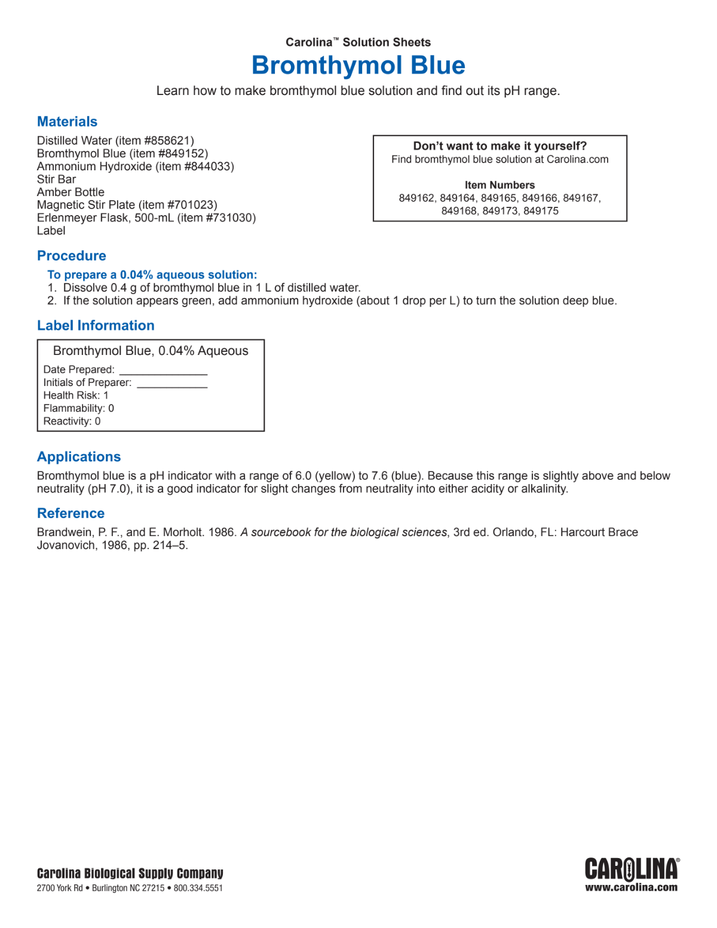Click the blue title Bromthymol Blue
coord(358,65)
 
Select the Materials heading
coord(67,122)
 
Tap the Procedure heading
coord(72,256)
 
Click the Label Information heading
coord(96,326)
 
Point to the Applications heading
coord(79,457)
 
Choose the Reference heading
coord(71,513)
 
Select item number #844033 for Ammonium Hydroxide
coord(209,167)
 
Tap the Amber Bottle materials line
coord(71,192)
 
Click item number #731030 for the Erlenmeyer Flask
coord(230,218)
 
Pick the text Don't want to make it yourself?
coord(500,146)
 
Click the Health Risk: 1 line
coord(76,396)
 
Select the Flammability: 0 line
coord(78,409)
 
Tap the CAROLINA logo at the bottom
coord(632,869)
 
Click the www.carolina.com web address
coord(632,888)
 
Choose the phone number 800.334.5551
coord(198,889)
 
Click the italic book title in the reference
coord(344,532)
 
